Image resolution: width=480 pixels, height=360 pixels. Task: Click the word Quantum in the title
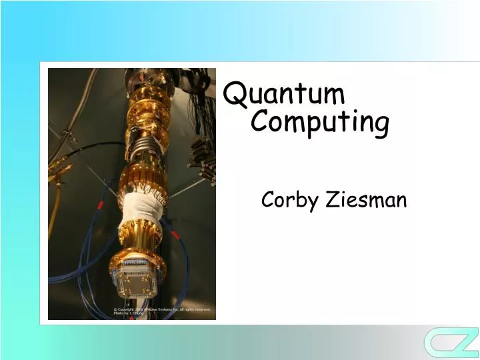(x=285, y=95)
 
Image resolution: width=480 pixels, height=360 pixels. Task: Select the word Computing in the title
(x=321, y=123)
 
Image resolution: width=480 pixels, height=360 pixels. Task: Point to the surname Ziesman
(x=366, y=199)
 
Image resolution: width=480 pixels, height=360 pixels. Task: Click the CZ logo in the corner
(x=451, y=341)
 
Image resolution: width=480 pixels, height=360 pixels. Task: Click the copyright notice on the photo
(x=161, y=311)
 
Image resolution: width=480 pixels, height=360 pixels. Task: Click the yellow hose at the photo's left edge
(x=56, y=220)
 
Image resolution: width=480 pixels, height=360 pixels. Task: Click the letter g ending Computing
(x=381, y=126)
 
